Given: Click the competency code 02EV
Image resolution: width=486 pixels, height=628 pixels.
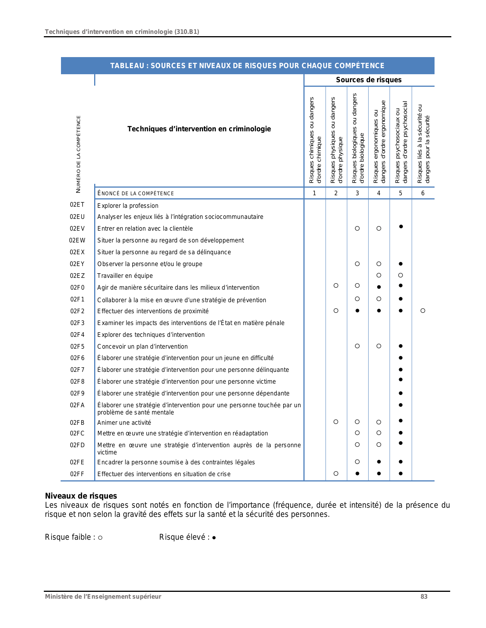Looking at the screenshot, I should [77, 229].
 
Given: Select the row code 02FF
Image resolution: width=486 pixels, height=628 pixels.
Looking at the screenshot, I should [77, 474].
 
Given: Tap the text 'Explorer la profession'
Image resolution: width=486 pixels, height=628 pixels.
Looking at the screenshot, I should [128, 206].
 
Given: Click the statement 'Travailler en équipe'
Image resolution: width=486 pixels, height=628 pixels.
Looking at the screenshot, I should [125, 276].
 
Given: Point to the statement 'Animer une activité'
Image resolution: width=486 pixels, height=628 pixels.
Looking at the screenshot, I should [124, 423].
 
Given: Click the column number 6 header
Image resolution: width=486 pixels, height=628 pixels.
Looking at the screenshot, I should [423, 193].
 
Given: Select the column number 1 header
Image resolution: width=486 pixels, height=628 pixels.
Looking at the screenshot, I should [314, 193].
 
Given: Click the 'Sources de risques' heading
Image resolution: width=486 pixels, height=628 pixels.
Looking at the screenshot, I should [369, 80].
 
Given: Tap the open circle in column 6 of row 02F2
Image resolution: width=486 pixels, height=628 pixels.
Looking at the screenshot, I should [423, 311].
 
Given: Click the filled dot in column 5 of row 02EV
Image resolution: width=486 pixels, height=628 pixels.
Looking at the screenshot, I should [401, 226].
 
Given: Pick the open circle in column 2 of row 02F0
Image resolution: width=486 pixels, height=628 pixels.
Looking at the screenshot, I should [336, 285].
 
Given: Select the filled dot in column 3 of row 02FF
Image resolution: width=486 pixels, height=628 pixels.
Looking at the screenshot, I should [357, 473].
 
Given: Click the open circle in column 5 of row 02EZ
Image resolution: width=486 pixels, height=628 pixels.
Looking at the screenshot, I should [401, 275].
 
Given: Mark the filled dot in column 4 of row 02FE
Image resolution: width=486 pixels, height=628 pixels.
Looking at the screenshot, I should [379, 462].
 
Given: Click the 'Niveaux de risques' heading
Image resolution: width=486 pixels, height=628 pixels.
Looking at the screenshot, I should [81, 496].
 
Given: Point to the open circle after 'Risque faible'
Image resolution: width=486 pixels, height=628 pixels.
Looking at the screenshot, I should [100, 538].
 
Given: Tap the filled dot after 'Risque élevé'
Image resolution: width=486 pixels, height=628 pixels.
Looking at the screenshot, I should [214, 538].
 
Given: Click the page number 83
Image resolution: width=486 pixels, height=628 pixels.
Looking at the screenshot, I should [424, 597].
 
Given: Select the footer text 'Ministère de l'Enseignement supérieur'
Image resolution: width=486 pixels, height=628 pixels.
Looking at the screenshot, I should [103, 597].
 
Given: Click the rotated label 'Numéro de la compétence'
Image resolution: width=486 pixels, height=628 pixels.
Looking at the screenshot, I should [79, 154].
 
